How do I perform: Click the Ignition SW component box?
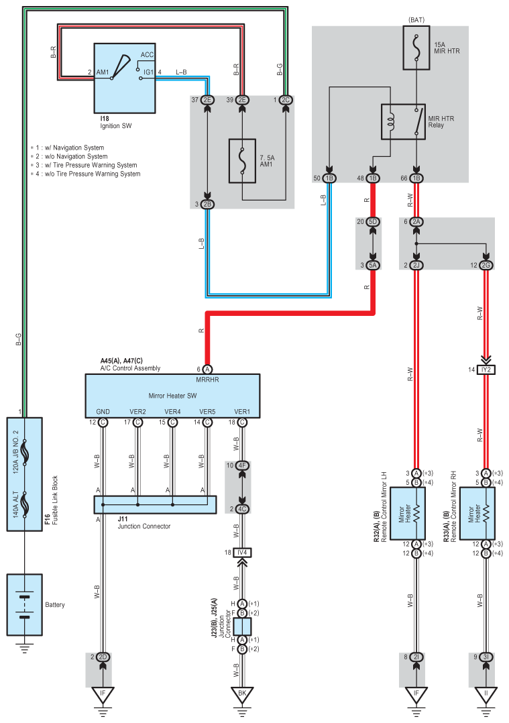click(123, 77)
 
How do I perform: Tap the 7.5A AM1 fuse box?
click(243, 161)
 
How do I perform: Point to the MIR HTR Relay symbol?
click(404, 121)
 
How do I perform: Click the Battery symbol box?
click(24, 604)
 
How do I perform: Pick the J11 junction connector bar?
click(155, 504)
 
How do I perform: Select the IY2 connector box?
click(486, 370)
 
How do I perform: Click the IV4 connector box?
click(243, 552)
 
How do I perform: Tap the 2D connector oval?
click(103, 657)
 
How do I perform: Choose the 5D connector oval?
click(374, 221)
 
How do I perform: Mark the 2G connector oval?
click(486, 266)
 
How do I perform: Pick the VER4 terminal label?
click(172, 412)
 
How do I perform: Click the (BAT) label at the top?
click(416, 21)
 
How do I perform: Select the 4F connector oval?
click(243, 465)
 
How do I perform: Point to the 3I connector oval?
click(486, 657)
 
